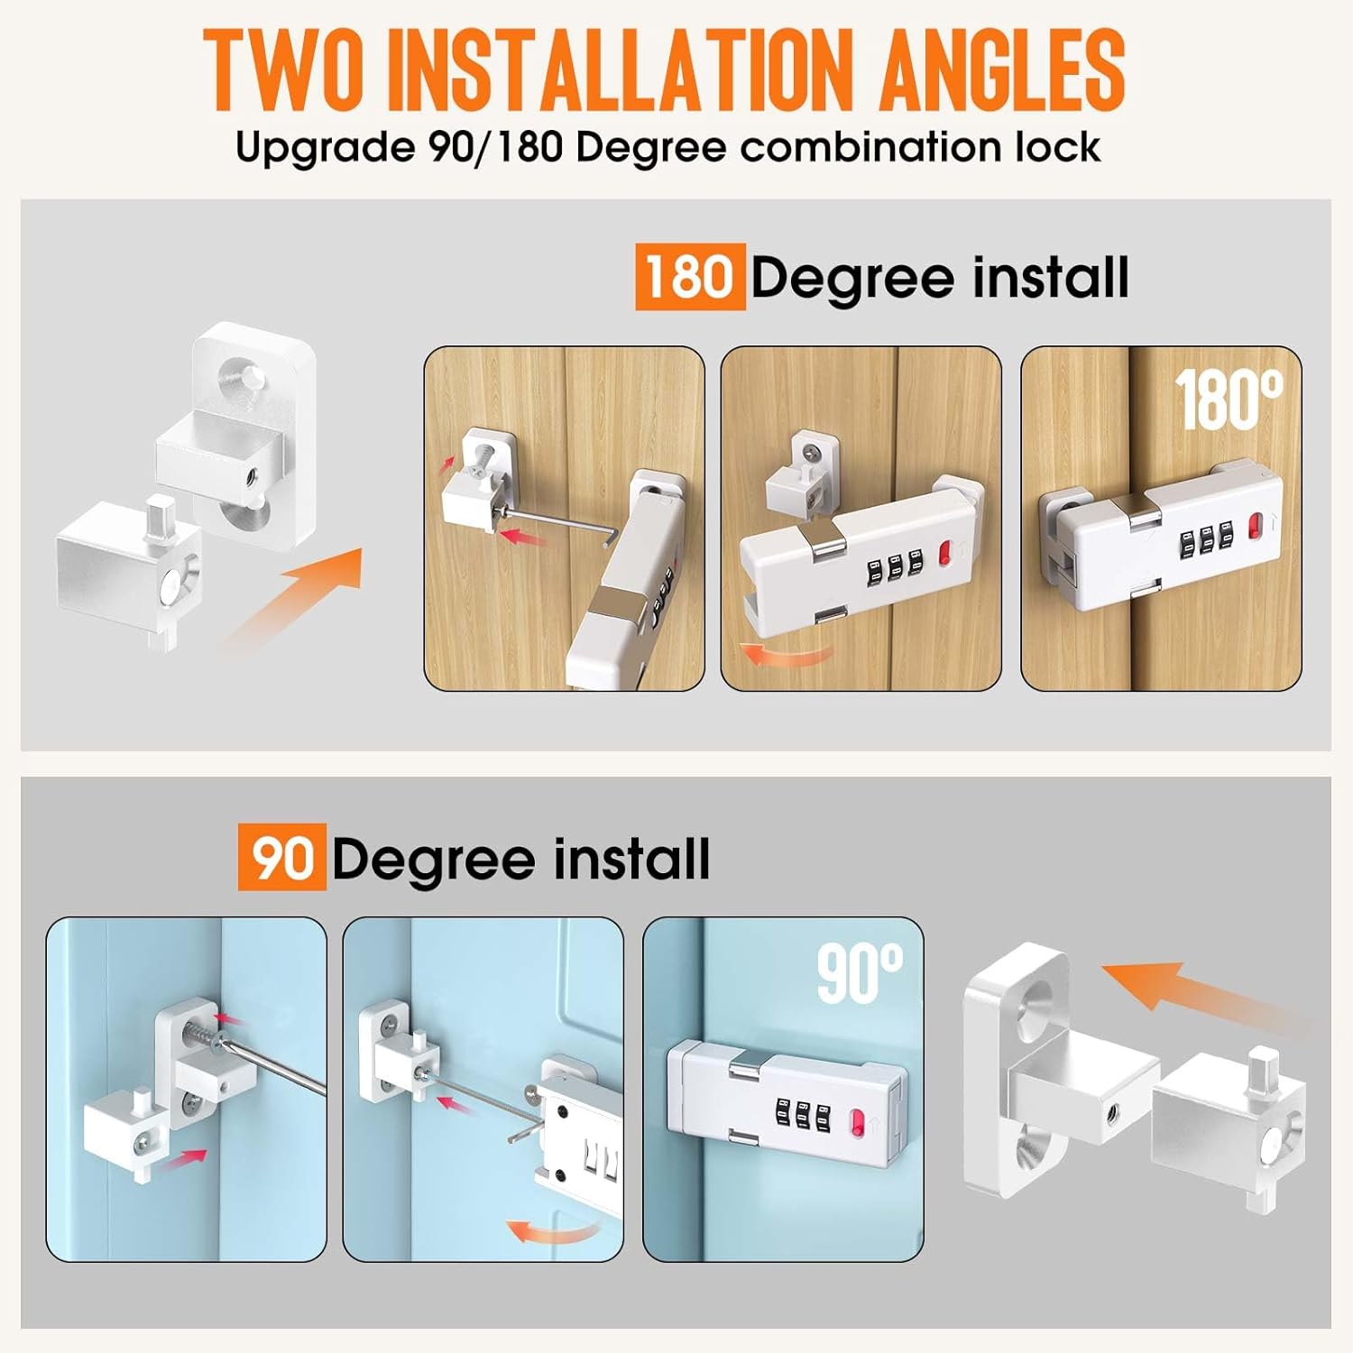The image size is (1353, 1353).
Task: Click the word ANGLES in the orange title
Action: (1002, 69)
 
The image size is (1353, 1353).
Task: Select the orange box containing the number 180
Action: (690, 277)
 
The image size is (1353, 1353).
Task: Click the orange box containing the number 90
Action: (282, 858)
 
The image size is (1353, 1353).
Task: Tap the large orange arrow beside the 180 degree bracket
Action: (290, 599)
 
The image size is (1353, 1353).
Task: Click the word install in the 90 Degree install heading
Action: (631, 858)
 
